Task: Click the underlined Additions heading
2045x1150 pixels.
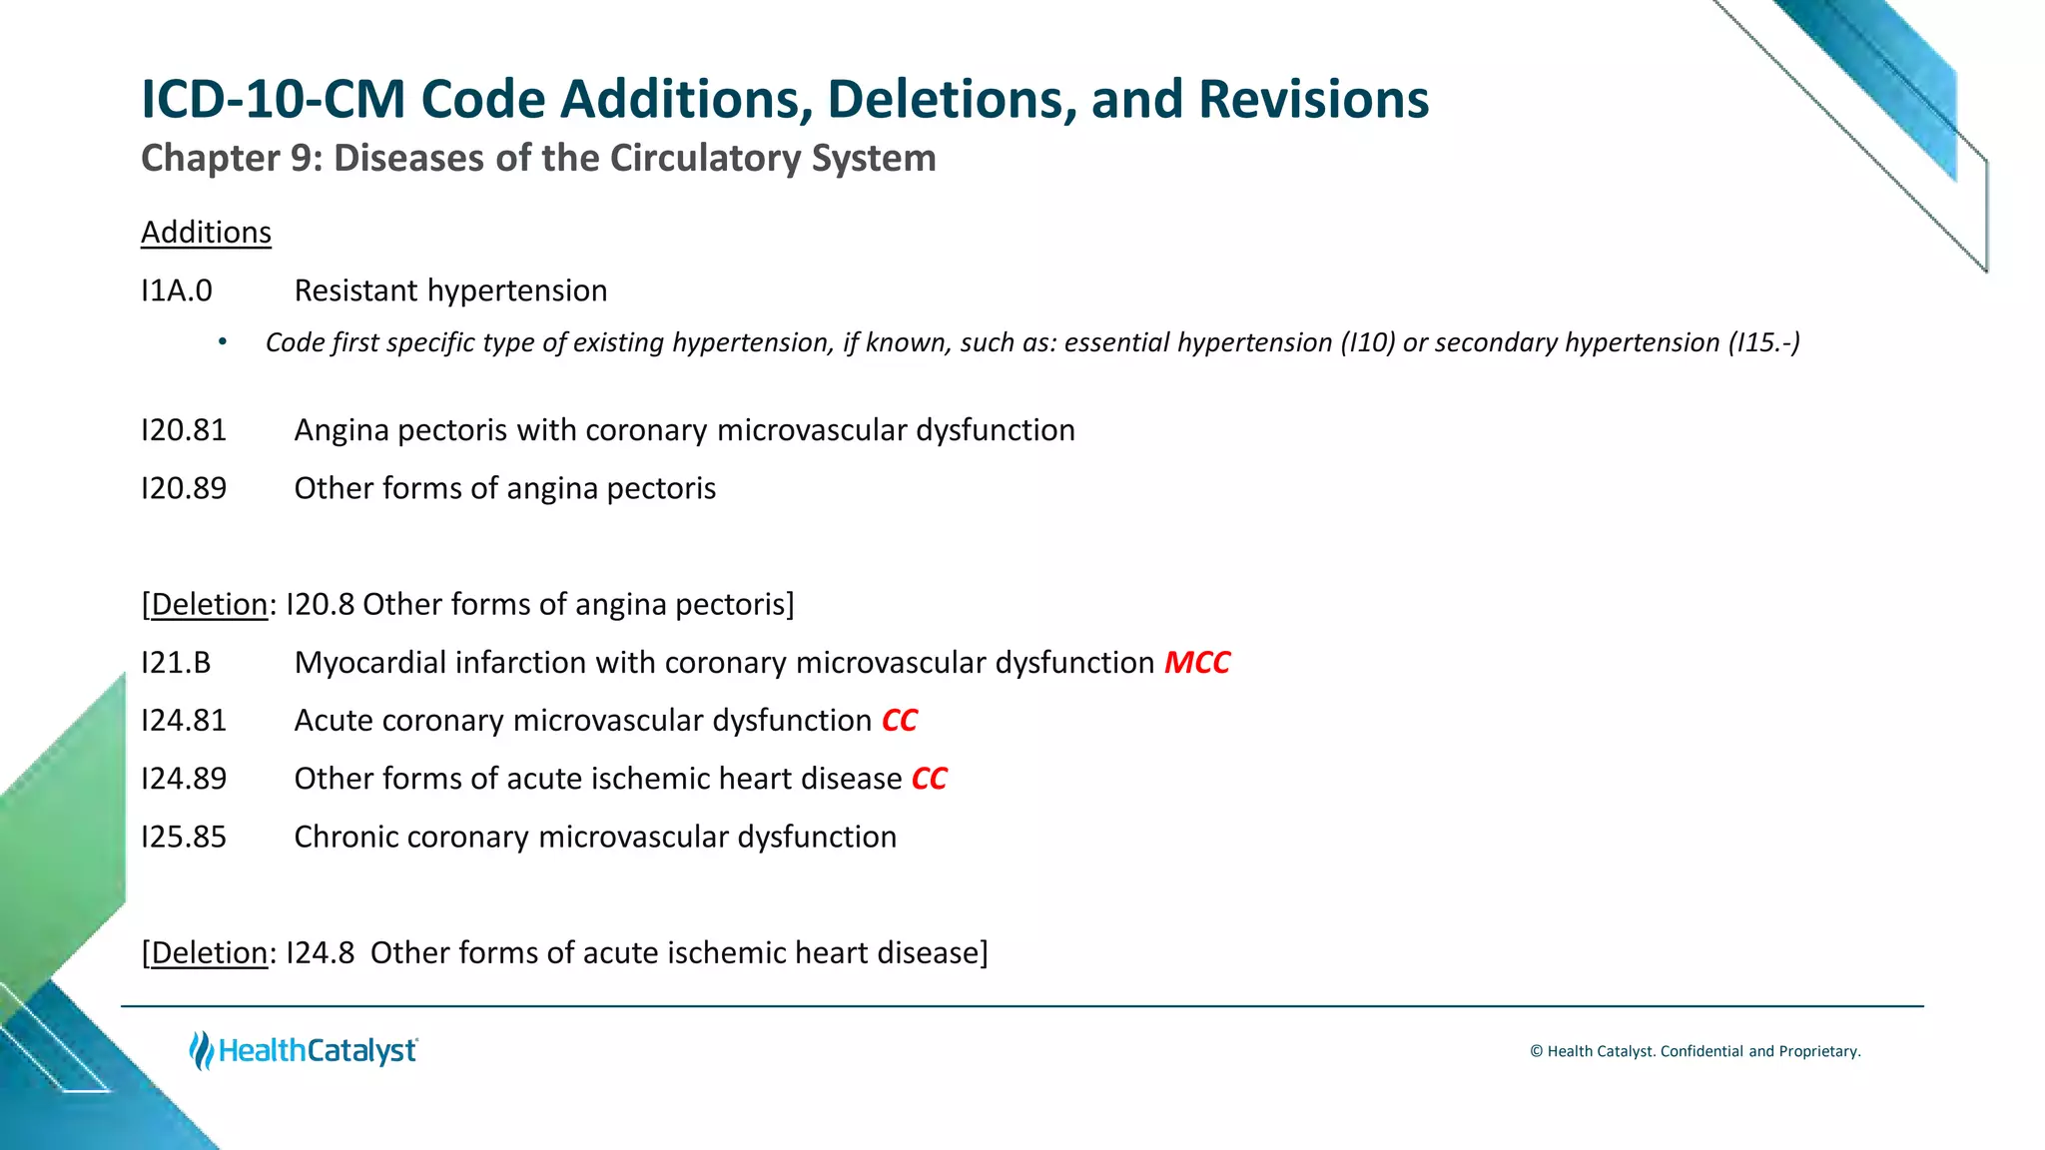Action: point(206,233)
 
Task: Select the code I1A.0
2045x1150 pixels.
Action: point(177,290)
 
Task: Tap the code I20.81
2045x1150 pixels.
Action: point(184,430)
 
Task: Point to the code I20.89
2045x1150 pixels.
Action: point(184,488)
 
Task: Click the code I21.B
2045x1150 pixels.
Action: point(176,663)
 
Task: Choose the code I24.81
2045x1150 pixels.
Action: point(184,721)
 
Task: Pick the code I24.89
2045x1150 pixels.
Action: point(184,779)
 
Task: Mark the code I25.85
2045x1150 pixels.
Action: point(184,837)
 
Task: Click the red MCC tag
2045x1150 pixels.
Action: point(1197,663)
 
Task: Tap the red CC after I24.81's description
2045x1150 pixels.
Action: point(900,721)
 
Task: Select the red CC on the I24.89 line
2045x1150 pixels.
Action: point(930,779)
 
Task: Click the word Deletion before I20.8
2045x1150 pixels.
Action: point(209,605)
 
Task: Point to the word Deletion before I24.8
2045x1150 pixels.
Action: point(209,953)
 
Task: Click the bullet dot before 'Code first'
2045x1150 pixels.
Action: point(223,343)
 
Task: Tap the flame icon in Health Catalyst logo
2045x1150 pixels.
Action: point(202,1051)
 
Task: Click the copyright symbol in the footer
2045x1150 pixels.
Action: point(1537,1051)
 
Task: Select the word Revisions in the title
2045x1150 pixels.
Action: point(1313,100)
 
